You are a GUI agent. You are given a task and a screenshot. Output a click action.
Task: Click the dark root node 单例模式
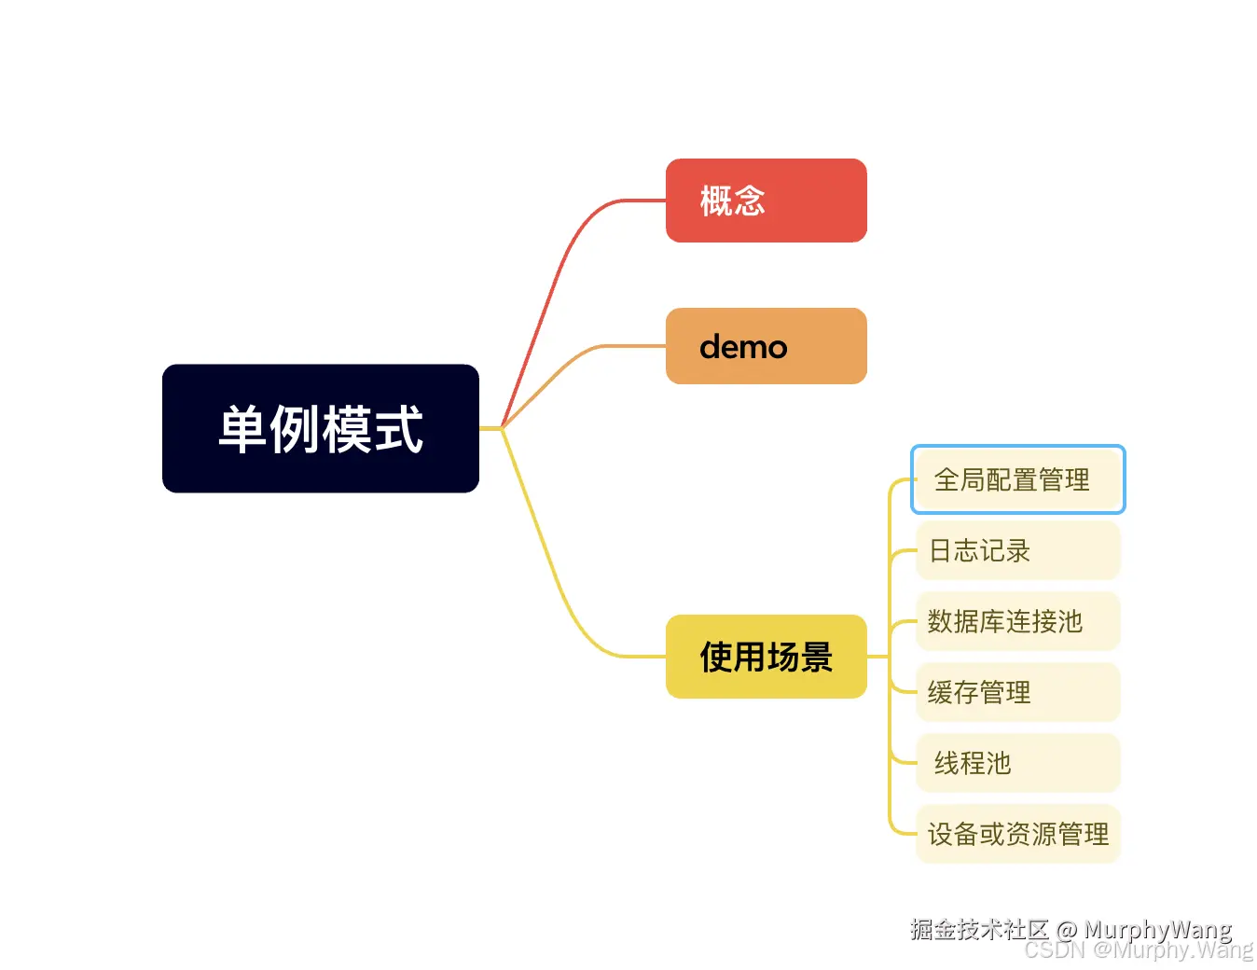pyautogui.click(x=320, y=428)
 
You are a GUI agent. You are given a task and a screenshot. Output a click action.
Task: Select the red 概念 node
pyautogui.click(x=766, y=201)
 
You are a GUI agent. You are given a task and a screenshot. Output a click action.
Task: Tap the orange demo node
pyautogui.click(x=766, y=346)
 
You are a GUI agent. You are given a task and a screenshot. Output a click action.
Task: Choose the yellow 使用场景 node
pyautogui.click(x=766, y=657)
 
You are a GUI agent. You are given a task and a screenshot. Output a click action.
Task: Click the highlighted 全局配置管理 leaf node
pyautogui.click(x=1017, y=479)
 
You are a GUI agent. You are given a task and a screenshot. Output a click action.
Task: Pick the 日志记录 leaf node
pyautogui.click(x=1017, y=550)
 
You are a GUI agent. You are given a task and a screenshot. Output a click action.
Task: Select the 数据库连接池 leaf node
pyautogui.click(x=1017, y=621)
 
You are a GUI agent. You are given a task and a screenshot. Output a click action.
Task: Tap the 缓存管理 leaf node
pyautogui.click(x=1017, y=692)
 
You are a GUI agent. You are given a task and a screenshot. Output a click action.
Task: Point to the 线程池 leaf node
pyautogui.click(x=1017, y=763)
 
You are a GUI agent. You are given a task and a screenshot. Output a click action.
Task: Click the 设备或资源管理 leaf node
pyautogui.click(x=1017, y=834)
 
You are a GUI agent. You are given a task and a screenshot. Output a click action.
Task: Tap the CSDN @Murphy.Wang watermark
pyautogui.click(x=1138, y=950)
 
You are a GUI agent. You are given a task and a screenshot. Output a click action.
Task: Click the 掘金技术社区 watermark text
pyautogui.click(x=979, y=929)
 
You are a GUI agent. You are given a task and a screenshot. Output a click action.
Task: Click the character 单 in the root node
pyautogui.click(x=242, y=429)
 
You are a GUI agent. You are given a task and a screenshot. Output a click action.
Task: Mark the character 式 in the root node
pyautogui.click(x=398, y=429)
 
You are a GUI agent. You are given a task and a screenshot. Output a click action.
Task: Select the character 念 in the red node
pyautogui.click(x=749, y=201)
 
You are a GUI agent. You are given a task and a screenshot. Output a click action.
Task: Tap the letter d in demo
pyautogui.click(x=711, y=347)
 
